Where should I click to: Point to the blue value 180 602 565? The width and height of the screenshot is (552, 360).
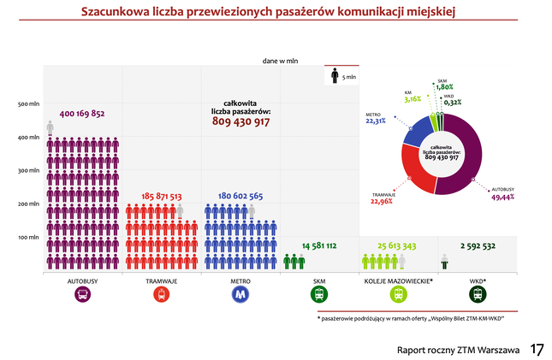coord(240,196)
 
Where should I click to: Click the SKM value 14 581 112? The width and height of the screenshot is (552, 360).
coord(318,246)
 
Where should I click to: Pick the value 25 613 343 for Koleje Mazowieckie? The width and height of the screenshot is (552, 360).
coord(397,246)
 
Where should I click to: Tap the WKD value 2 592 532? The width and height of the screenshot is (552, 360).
coord(478,246)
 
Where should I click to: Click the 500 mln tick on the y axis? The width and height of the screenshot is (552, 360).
coord(28,104)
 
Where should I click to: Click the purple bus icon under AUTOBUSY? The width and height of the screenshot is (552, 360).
coord(82,294)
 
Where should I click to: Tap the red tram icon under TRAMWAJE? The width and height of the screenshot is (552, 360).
coord(161,294)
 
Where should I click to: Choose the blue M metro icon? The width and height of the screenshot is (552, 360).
coord(240,294)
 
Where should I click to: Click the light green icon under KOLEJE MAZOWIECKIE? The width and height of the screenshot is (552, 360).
coord(398,294)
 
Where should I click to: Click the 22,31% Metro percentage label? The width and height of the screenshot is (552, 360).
coord(375,121)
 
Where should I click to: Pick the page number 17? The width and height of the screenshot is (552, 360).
coord(537,350)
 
